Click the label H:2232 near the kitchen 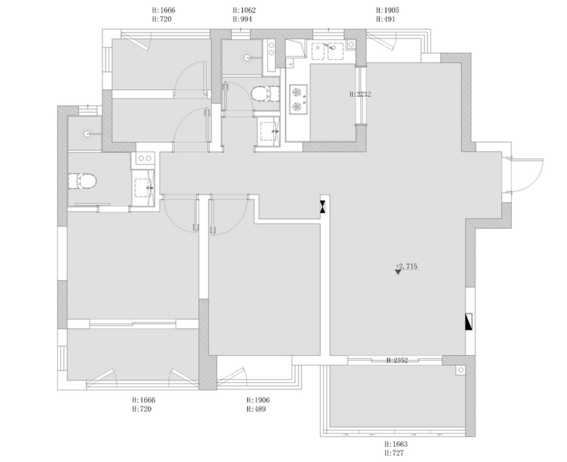(x=360, y=94)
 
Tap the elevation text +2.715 (x=406, y=266)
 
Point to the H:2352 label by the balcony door (x=397, y=360)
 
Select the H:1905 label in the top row (x=387, y=10)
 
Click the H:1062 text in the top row (x=244, y=10)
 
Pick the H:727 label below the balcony (x=394, y=453)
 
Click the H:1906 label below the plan (x=258, y=400)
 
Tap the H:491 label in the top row (x=385, y=19)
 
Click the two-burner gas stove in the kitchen (x=298, y=100)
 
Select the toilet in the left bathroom (x=82, y=181)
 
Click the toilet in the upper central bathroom (x=265, y=93)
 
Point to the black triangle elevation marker (x=398, y=272)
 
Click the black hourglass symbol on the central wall (x=323, y=207)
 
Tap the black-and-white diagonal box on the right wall (x=469, y=322)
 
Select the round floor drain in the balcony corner (x=461, y=370)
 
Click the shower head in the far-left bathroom (x=87, y=133)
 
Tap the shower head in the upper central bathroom (x=247, y=57)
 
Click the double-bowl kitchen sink (x=327, y=51)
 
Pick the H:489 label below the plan (x=256, y=409)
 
